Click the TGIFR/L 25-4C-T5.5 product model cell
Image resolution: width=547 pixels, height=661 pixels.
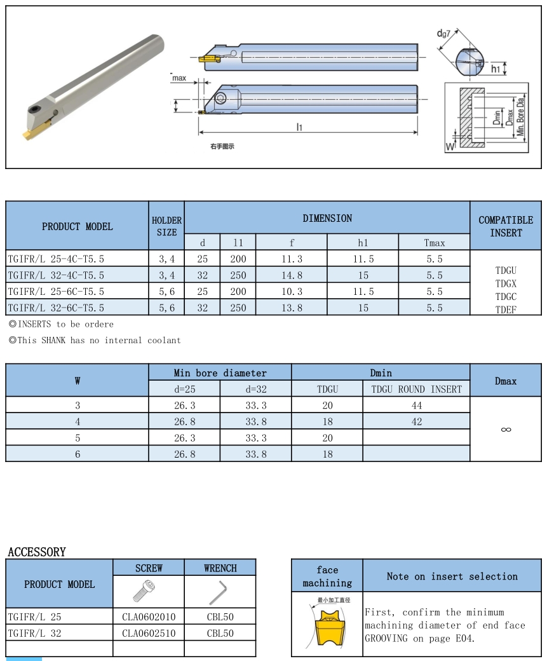pos(56,259)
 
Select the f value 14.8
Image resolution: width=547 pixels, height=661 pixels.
pos(292,275)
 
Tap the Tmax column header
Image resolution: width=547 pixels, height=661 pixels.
pos(435,243)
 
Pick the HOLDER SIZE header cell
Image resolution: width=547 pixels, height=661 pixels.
pos(166,226)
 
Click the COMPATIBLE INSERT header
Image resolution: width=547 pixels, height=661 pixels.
pos(506,226)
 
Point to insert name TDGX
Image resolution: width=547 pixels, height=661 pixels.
pos(506,283)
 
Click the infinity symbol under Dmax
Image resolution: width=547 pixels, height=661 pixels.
pos(506,429)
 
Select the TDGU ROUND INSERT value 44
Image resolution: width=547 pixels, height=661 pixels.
pos(416,405)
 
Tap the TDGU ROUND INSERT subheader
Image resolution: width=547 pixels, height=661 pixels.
pos(416,389)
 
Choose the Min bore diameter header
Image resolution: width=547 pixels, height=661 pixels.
pos(220,373)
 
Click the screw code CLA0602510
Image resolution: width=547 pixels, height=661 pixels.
pos(149,633)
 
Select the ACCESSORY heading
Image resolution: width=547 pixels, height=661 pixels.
pos(37,552)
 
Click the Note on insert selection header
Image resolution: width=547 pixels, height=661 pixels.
pos(452,576)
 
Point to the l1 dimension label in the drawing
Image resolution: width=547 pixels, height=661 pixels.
pos(299,127)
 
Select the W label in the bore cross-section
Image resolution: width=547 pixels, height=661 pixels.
pos(450,147)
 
